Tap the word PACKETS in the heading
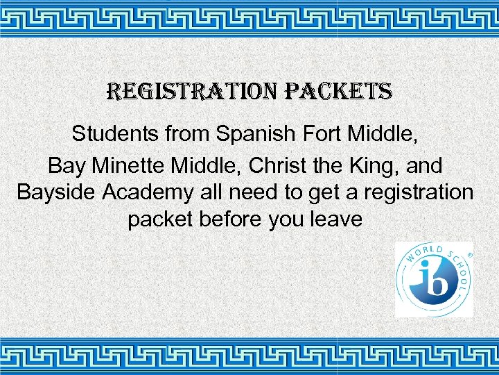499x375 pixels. pyautogui.click(x=340, y=91)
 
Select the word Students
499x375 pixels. pyautogui.click(x=115, y=133)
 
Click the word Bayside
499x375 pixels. pyautogui.click(x=58, y=192)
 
